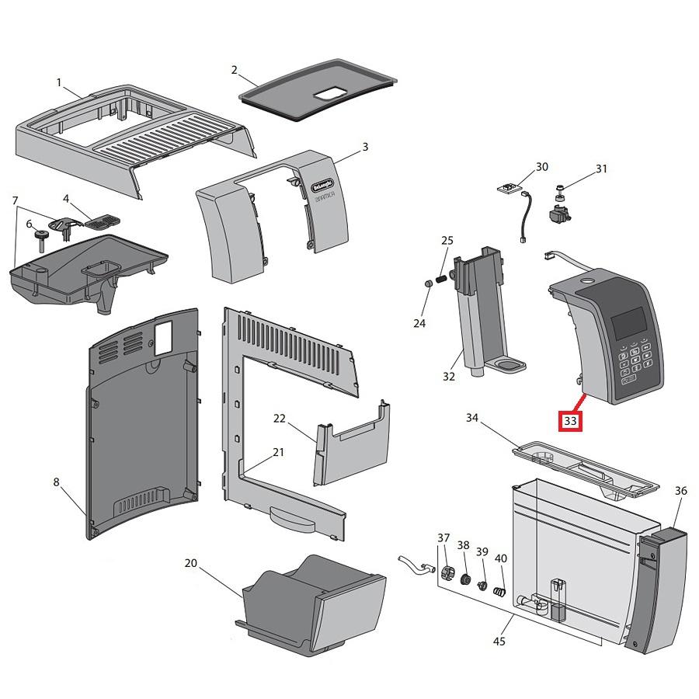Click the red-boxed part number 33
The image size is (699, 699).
(571, 421)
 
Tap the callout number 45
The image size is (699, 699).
(499, 642)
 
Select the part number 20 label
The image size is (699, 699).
(191, 564)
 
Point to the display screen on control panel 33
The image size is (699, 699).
(629, 322)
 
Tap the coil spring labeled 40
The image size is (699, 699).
(501, 593)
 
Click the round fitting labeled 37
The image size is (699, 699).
(447, 575)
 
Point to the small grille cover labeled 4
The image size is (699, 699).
(99, 221)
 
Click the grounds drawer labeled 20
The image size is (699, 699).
(311, 606)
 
